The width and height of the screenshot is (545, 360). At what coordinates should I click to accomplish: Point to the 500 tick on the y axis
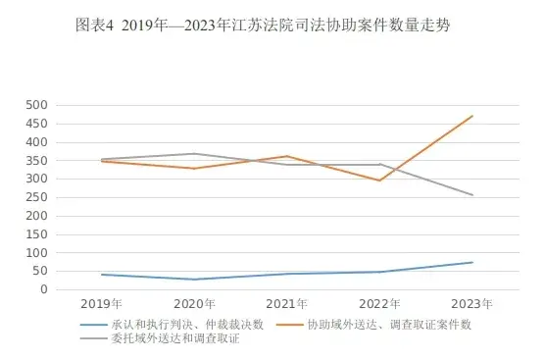pos(37,105)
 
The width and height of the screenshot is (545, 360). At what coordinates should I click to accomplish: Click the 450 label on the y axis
pos(37,124)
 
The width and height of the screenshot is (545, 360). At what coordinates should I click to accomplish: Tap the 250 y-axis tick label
pos(37,197)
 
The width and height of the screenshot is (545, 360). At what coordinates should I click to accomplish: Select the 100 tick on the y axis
pos(37,252)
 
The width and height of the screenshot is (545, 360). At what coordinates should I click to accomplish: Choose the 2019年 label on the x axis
pos(102,305)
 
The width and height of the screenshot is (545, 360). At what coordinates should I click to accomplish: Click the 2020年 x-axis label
pos(195,305)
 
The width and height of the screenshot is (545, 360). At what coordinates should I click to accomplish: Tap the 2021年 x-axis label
pos(287,305)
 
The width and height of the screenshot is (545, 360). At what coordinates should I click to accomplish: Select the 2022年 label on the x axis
pos(380,305)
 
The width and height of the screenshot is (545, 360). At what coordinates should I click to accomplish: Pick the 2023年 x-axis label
pos(472,305)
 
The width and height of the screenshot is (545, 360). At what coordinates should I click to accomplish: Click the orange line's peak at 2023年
pos(472,116)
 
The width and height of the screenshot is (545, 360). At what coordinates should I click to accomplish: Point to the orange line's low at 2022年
pos(380,180)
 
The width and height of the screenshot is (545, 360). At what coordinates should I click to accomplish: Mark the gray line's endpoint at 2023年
pos(472,195)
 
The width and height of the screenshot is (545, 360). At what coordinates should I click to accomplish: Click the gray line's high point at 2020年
pos(195,154)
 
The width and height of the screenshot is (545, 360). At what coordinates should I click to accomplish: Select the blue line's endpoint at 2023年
pos(472,262)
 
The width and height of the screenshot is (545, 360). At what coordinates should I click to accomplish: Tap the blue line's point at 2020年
pos(195,280)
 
